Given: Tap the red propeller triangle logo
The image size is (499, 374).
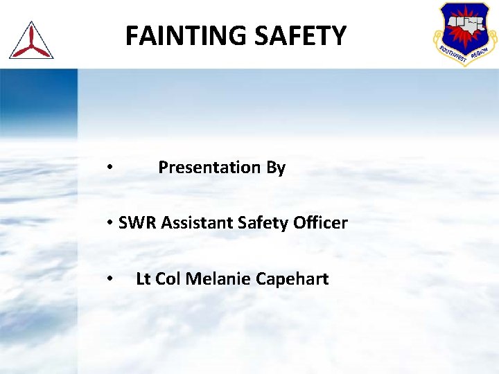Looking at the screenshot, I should [31, 40].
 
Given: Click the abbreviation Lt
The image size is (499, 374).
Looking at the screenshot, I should [143, 279].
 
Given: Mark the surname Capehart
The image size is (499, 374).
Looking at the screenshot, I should [292, 279].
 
